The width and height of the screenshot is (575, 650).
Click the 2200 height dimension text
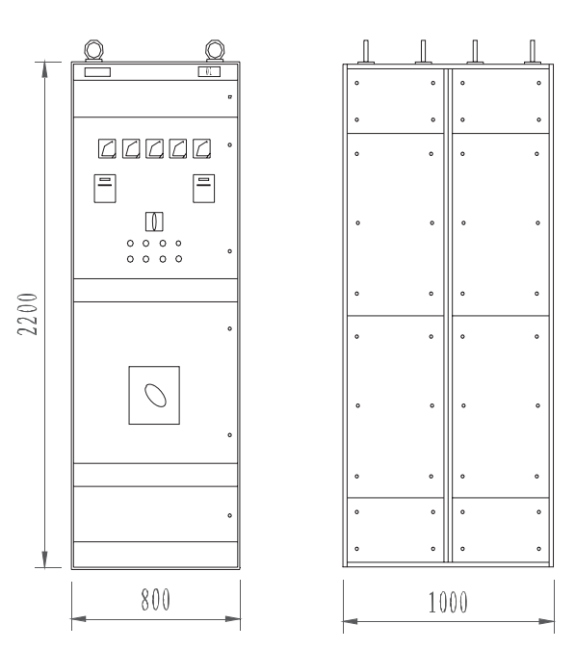(x=27, y=314)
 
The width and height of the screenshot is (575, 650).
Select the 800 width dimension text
(x=155, y=599)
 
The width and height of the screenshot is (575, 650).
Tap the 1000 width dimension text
(x=448, y=602)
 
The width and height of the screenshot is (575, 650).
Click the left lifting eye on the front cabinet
(x=93, y=50)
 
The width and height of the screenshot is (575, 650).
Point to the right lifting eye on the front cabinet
(x=215, y=50)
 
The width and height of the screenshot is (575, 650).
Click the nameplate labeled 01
(x=209, y=71)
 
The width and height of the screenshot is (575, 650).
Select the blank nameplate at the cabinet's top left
(x=97, y=72)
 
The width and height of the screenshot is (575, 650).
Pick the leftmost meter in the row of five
(x=107, y=148)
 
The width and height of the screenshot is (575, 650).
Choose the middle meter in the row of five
(x=154, y=148)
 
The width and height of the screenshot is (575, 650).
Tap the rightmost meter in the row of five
(x=201, y=148)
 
